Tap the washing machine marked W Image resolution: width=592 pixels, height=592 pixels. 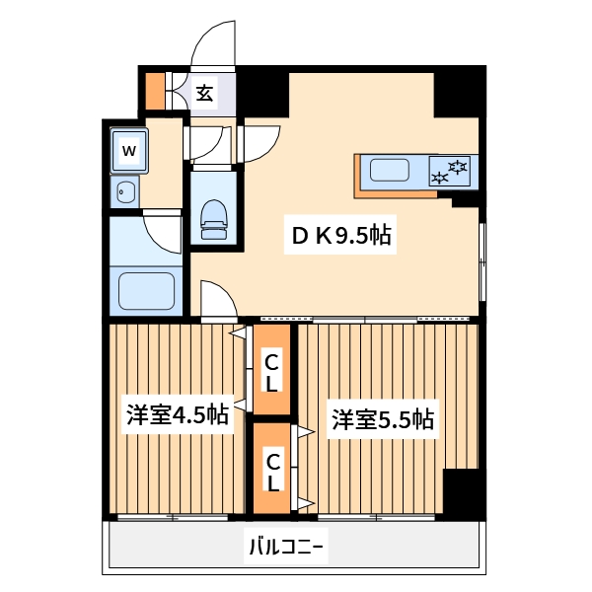tap(129, 151)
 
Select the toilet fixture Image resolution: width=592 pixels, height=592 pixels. tap(214, 219)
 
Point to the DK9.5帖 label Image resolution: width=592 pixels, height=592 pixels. tap(340, 236)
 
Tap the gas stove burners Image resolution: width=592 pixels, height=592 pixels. tap(453, 172)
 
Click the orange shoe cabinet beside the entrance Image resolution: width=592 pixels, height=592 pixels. tap(155, 91)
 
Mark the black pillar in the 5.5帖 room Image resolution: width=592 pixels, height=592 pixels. tap(463, 490)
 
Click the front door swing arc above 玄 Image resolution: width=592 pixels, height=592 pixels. tap(212, 44)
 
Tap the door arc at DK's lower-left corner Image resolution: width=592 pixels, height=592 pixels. tap(217, 298)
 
